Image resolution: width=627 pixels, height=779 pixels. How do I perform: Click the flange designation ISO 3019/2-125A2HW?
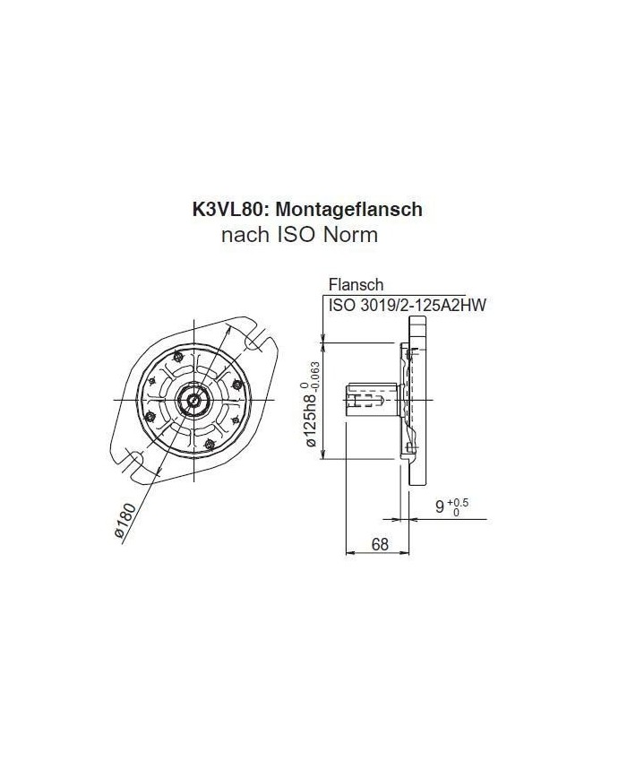[x=408, y=306]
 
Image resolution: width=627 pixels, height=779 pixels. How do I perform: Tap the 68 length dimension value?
[x=380, y=544]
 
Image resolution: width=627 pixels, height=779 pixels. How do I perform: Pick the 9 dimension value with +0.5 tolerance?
[x=440, y=507]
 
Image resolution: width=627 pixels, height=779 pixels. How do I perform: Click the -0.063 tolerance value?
[x=314, y=370]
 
